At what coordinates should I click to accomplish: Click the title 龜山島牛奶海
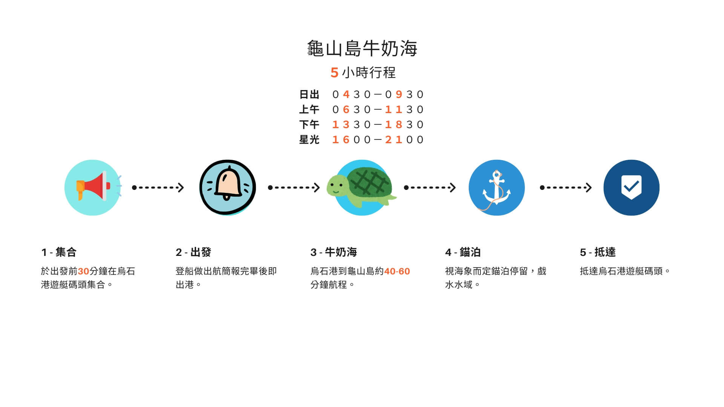point(362,48)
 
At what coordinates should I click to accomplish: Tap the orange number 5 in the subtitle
point(334,72)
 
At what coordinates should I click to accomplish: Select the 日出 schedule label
point(309,94)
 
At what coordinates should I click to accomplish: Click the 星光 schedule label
point(309,139)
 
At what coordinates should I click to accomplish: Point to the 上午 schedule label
point(309,109)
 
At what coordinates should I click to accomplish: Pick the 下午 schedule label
point(309,124)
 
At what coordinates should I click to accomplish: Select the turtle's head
point(337,185)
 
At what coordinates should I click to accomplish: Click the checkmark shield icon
point(632,187)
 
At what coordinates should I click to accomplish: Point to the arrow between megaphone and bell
point(158,187)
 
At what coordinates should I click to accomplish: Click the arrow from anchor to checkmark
point(566,187)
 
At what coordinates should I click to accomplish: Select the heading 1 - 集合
point(59,252)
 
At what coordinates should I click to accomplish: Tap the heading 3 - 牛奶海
point(334,252)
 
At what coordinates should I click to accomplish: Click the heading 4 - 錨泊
point(463,252)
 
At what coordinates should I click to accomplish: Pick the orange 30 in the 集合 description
point(83,271)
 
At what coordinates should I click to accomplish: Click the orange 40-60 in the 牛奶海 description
point(397,271)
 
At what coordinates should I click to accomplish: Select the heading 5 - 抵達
point(598,252)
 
